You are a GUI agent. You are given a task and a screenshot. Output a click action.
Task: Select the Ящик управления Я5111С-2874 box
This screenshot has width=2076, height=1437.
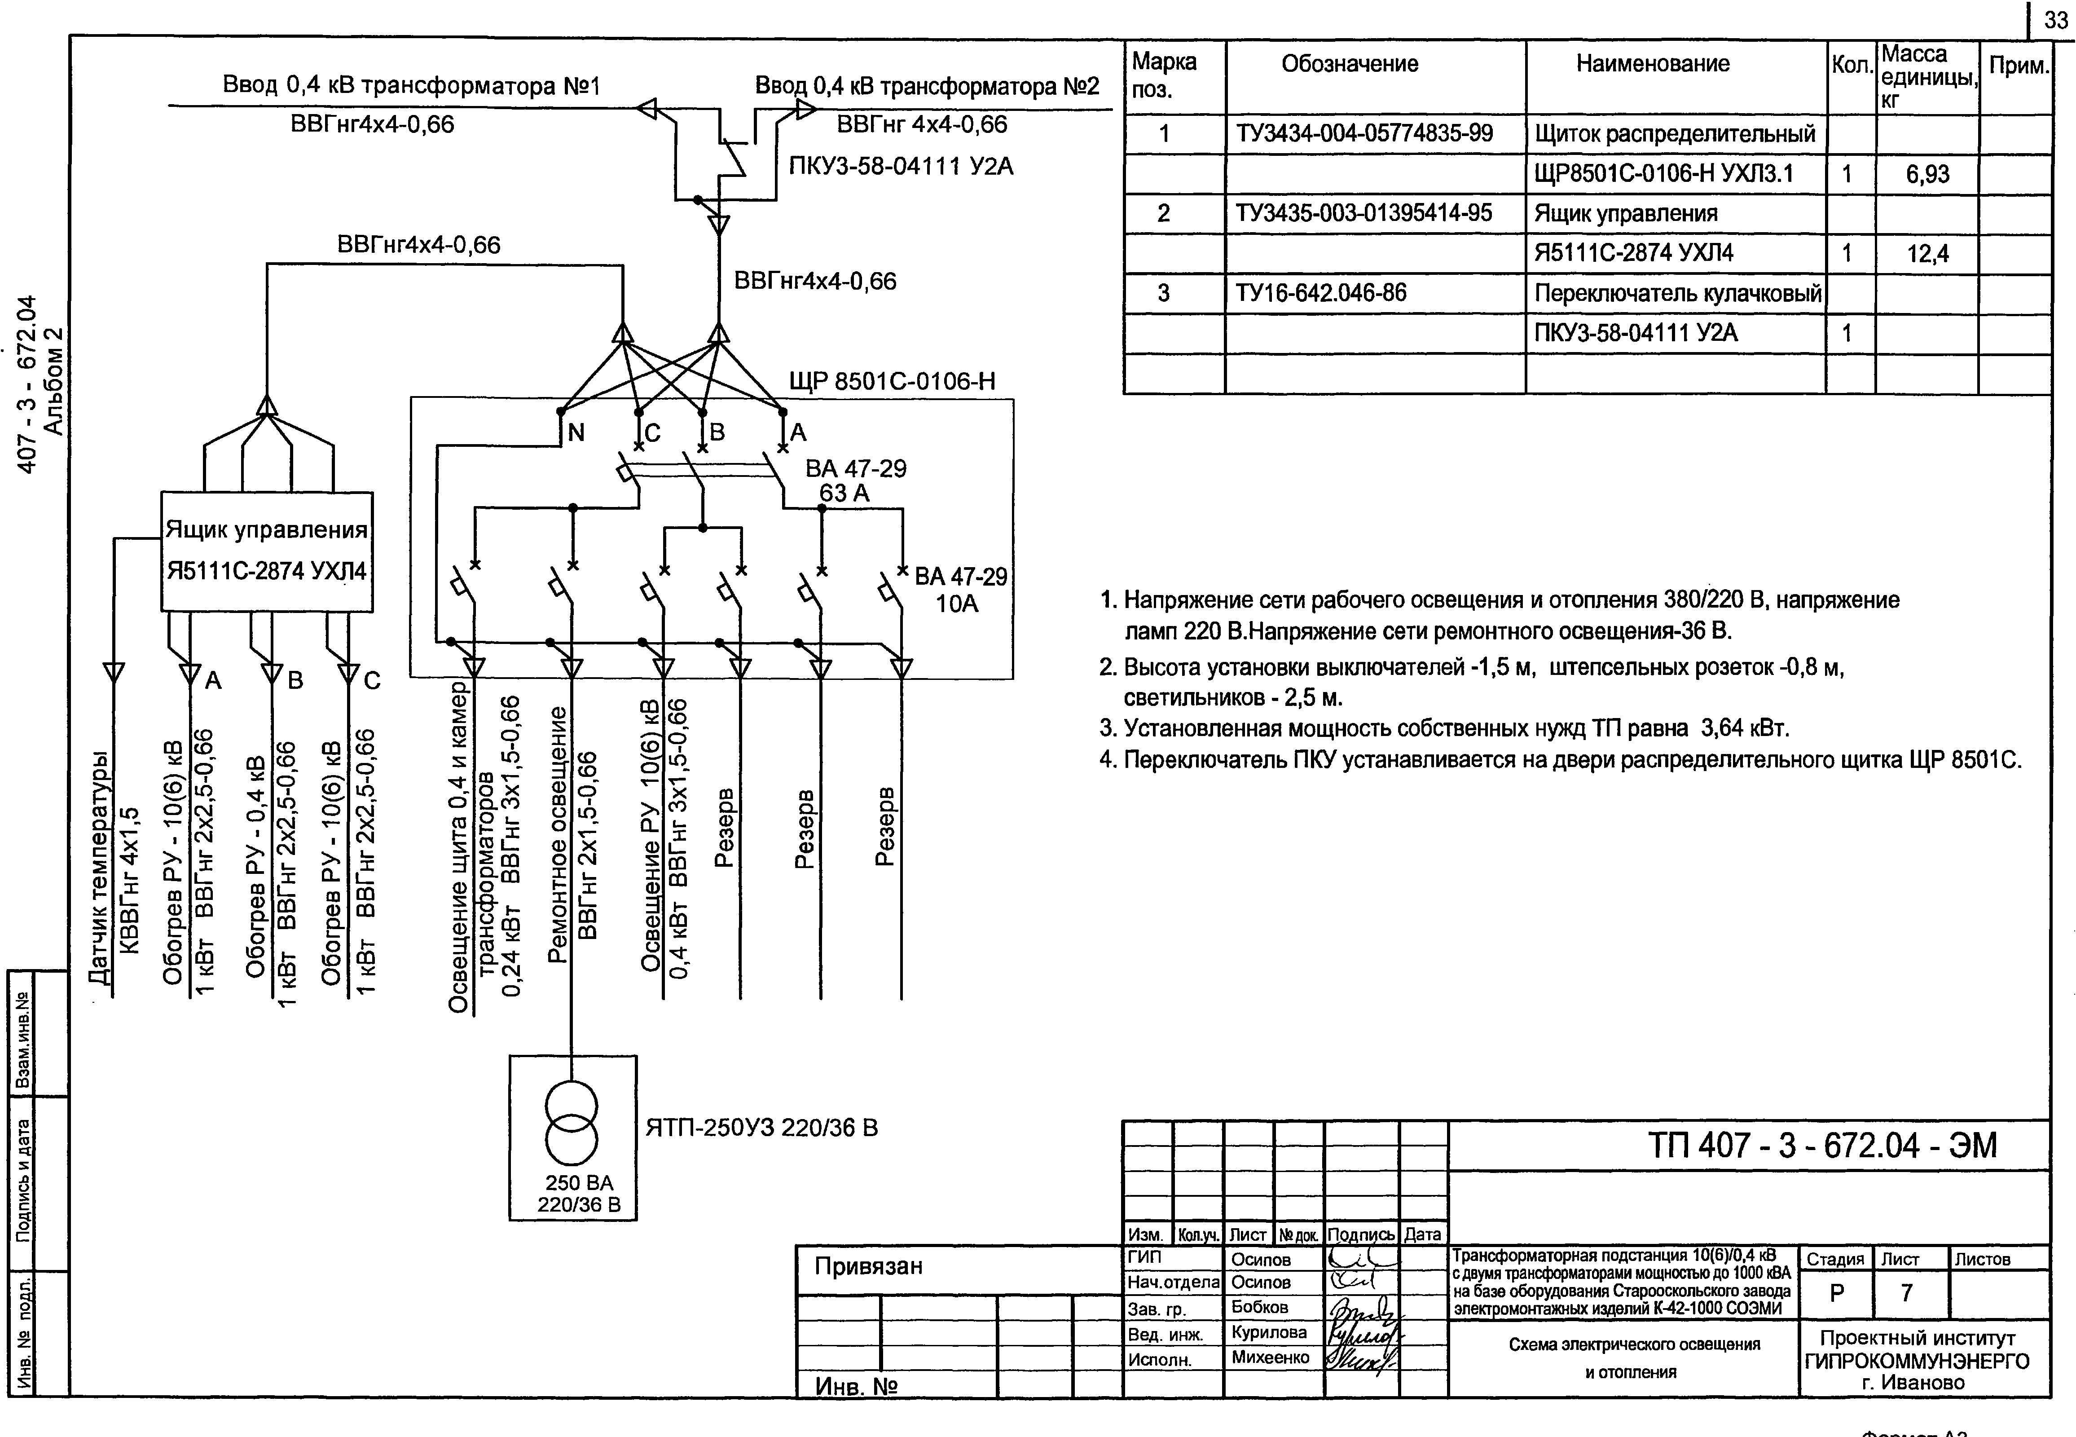[267, 551]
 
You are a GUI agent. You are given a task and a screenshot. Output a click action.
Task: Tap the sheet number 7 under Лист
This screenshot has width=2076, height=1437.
[1906, 1293]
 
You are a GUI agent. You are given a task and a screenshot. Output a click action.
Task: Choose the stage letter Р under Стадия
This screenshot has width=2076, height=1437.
[1837, 1293]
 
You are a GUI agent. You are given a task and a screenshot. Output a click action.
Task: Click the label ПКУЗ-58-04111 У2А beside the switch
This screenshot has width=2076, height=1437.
[900, 167]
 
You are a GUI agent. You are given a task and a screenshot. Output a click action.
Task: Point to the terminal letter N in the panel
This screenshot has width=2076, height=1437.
[576, 433]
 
